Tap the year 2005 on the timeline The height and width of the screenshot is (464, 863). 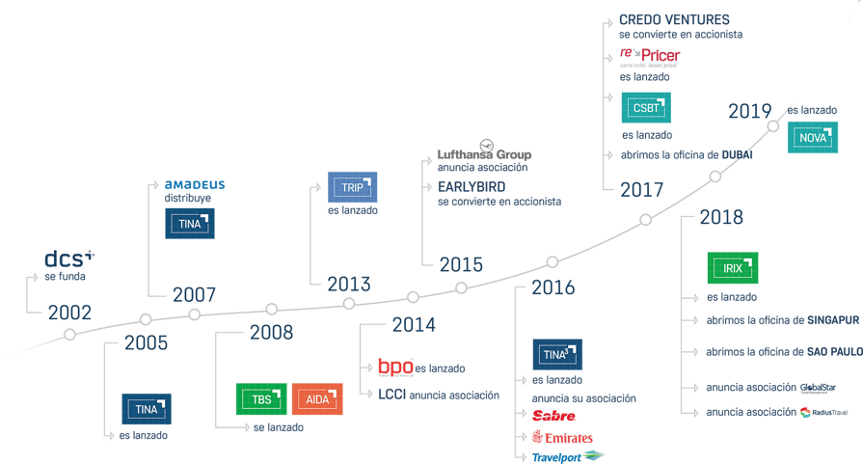tap(146, 342)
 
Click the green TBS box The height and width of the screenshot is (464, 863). tap(260, 399)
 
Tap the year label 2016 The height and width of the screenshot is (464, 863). tap(553, 287)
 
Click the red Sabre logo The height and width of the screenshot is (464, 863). tap(554, 417)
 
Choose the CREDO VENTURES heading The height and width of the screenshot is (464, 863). tap(674, 19)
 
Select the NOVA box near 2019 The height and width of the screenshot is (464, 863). tap(814, 138)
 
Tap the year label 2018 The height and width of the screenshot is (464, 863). tap(721, 218)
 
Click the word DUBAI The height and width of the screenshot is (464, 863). tap(734, 154)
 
